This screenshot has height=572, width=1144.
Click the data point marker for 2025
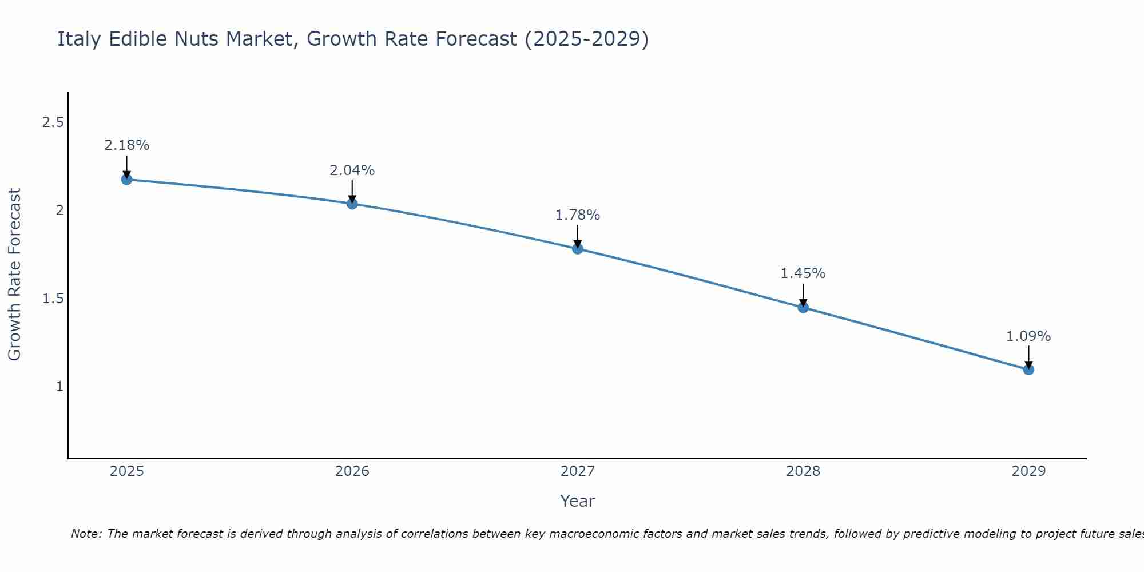tap(126, 180)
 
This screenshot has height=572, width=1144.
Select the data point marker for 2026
tap(352, 204)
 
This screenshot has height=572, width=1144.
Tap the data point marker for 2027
tap(578, 248)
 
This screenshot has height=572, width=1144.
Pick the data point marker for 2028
tap(803, 308)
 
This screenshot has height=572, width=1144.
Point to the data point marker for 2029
tap(1028, 370)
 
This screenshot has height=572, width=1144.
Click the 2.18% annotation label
tap(126, 145)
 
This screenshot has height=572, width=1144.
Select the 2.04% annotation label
tap(352, 170)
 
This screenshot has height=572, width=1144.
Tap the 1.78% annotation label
tap(578, 215)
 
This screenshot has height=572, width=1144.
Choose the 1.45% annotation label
tap(803, 273)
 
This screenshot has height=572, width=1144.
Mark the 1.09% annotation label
tap(1028, 336)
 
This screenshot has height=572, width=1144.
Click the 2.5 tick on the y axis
tap(53, 122)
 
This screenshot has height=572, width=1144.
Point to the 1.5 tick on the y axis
tap(53, 299)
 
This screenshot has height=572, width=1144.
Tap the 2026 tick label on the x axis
tap(352, 471)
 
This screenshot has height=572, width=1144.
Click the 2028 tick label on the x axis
tap(803, 471)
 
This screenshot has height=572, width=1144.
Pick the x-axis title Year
tap(578, 501)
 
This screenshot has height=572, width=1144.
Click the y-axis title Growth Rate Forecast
tap(14, 275)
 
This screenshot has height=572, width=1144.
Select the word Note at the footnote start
tap(86, 534)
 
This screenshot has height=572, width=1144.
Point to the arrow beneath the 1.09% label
tap(1028, 357)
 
